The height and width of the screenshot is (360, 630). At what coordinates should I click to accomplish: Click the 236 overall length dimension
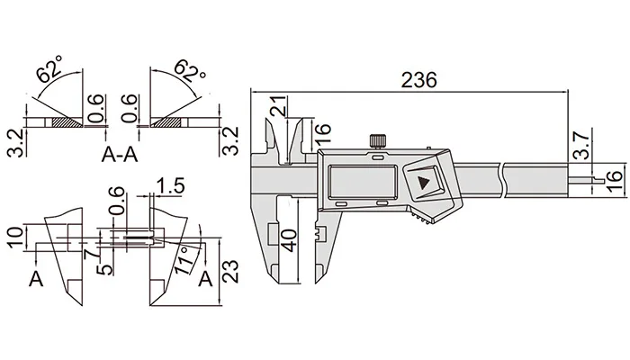(x=418, y=80)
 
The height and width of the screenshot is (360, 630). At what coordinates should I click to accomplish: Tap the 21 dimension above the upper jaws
(x=279, y=106)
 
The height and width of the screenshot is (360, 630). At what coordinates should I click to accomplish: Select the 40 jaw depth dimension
(x=289, y=240)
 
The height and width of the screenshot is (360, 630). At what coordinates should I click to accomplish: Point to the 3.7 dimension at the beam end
(x=581, y=144)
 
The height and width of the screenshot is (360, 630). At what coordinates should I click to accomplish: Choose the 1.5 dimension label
(x=170, y=186)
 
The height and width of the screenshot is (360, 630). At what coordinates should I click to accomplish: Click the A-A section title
(x=120, y=154)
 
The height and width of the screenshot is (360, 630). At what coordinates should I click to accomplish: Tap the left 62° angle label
(x=49, y=68)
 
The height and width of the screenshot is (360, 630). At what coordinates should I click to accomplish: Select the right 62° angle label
(x=189, y=70)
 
